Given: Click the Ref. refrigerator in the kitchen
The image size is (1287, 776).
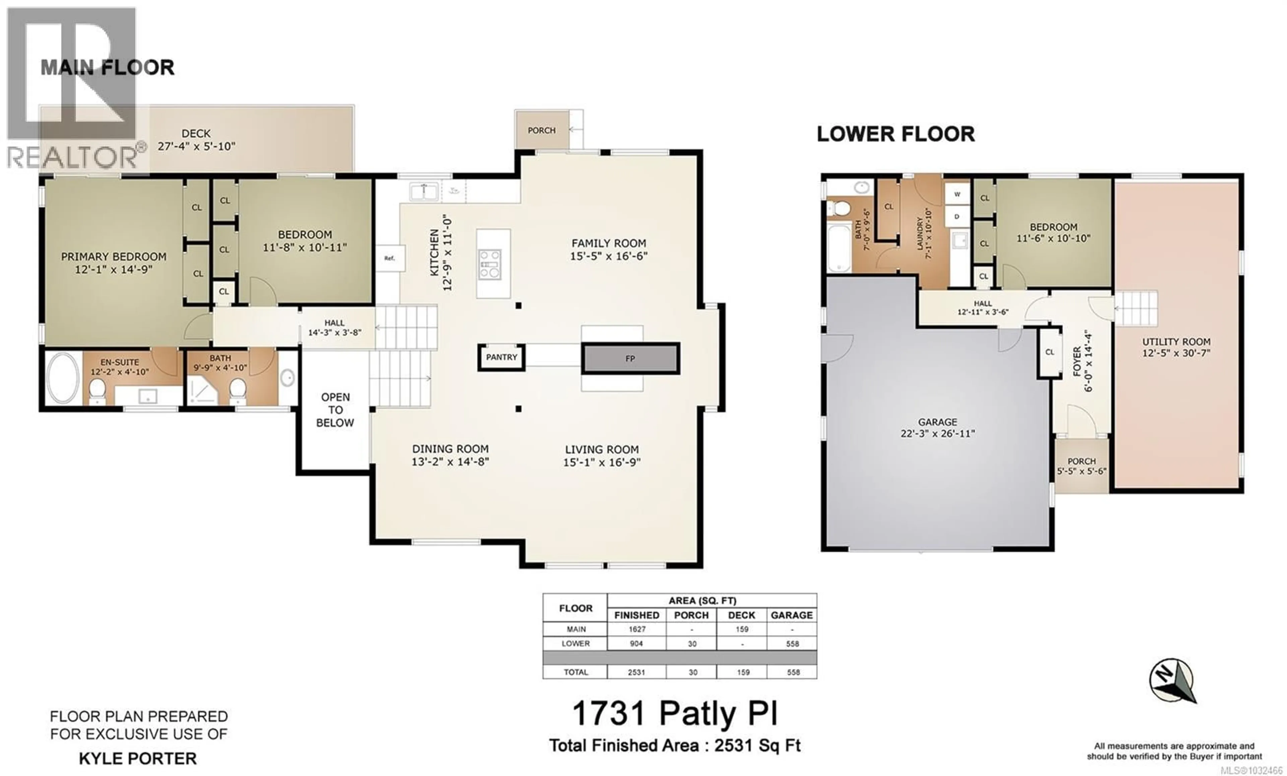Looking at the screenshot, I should coord(390,258).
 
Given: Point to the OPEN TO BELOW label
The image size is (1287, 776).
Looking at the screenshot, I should coord(335,410).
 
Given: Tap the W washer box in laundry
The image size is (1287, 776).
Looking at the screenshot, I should coord(957,194).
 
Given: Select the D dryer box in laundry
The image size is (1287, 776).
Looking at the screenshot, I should coord(957,216).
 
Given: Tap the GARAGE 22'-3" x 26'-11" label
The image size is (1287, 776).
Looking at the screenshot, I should coord(937,428).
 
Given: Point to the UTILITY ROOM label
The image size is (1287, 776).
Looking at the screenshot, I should coord(1176,347).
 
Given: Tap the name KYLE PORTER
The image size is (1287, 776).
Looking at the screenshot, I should coord(138,758).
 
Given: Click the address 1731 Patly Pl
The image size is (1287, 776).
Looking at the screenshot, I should coord(675,713).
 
